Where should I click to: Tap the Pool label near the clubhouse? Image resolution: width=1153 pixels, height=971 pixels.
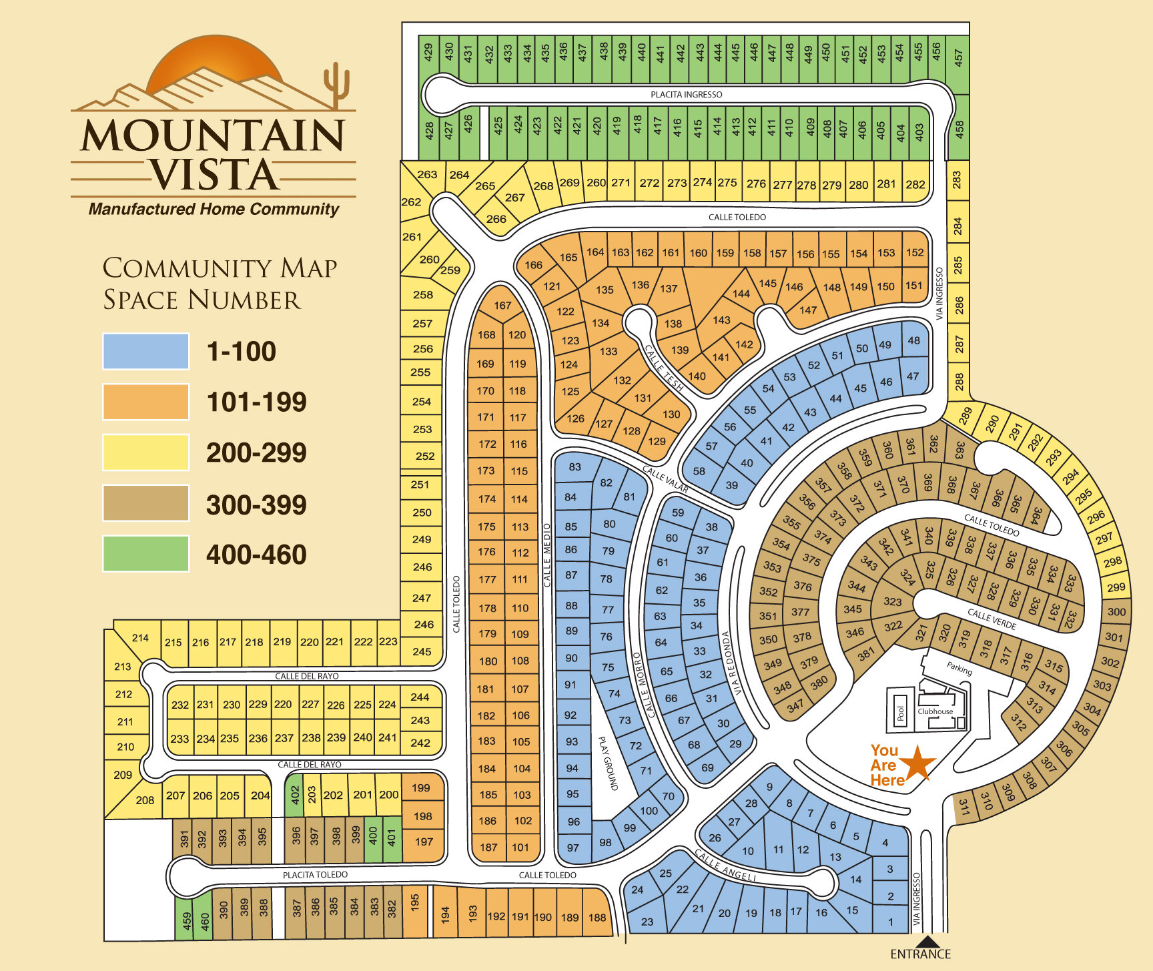click(x=900, y=713)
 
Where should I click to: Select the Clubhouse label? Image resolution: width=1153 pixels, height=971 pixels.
click(x=935, y=711)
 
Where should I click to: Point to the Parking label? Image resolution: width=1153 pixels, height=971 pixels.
click(x=959, y=667)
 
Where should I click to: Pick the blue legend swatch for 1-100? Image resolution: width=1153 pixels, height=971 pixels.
click(x=145, y=351)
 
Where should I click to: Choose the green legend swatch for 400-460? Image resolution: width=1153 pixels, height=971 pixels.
click(x=145, y=554)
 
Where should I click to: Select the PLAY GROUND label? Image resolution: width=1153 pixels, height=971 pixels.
click(x=608, y=763)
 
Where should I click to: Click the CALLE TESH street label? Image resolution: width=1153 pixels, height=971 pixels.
click(x=664, y=368)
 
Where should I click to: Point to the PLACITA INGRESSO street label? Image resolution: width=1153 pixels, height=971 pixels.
click(x=686, y=95)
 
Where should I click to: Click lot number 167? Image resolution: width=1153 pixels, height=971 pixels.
click(x=502, y=305)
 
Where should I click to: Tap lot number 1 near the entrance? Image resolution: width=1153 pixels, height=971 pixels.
click(x=891, y=922)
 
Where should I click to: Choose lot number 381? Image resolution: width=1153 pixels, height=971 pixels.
click(x=865, y=655)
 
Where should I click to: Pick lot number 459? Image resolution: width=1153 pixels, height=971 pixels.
click(x=186, y=922)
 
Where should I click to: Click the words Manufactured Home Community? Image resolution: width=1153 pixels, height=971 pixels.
click(x=214, y=209)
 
